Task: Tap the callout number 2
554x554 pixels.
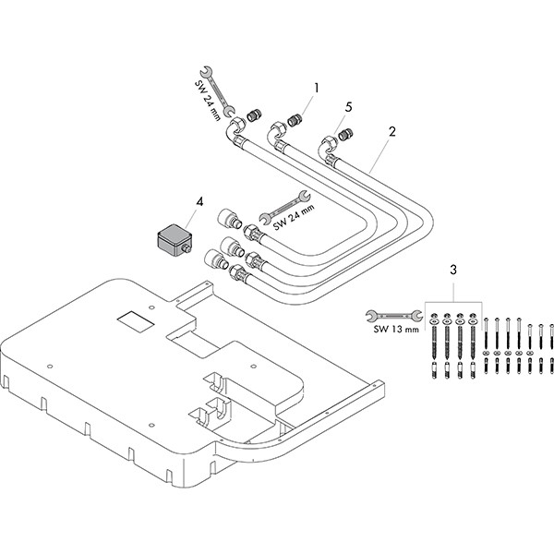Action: click(391, 132)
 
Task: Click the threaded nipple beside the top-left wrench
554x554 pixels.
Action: click(248, 116)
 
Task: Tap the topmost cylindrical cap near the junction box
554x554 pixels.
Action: click(226, 221)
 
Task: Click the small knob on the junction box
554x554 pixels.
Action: click(187, 248)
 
